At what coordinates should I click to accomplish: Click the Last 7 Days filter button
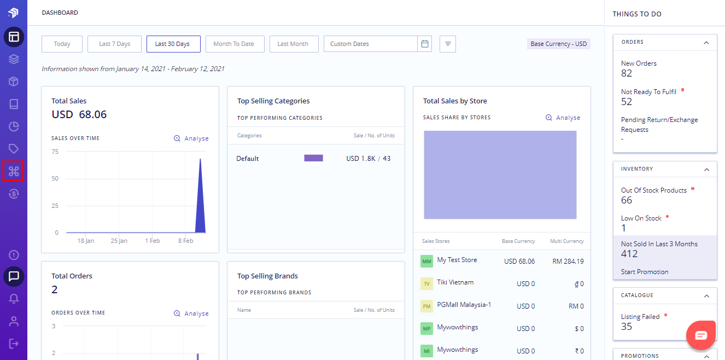click(x=114, y=44)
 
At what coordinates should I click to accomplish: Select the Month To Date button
click(x=233, y=44)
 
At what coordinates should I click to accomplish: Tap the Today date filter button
click(x=62, y=44)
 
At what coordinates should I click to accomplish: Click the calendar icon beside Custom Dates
click(x=425, y=44)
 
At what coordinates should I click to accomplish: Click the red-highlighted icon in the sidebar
click(x=14, y=171)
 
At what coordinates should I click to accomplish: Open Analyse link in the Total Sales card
click(x=191, y=138)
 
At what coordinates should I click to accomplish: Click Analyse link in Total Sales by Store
click(x=563, y=118)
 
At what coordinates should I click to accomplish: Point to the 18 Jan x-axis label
click(x=86, y=241)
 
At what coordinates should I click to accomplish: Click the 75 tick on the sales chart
click(x=55, y=152)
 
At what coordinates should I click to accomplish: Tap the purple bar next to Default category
click(x=313, y=158)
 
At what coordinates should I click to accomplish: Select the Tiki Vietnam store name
click(x=455, y=282)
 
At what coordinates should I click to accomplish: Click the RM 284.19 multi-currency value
click(x=568, y=262)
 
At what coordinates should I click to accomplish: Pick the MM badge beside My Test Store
click(x=426, y=262)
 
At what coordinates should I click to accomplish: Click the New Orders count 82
click(x=627, y=73)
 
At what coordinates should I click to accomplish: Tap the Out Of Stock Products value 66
click(x=627, y=200)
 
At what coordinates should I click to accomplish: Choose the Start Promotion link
click(x=645, y=272)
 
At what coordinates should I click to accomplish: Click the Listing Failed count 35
click(x=627, y=327)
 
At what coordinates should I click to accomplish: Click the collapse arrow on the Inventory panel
click(x=706, y=169)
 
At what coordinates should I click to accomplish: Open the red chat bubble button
click(x=701, y=335)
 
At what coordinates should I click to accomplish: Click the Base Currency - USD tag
click(x=558, y=44)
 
